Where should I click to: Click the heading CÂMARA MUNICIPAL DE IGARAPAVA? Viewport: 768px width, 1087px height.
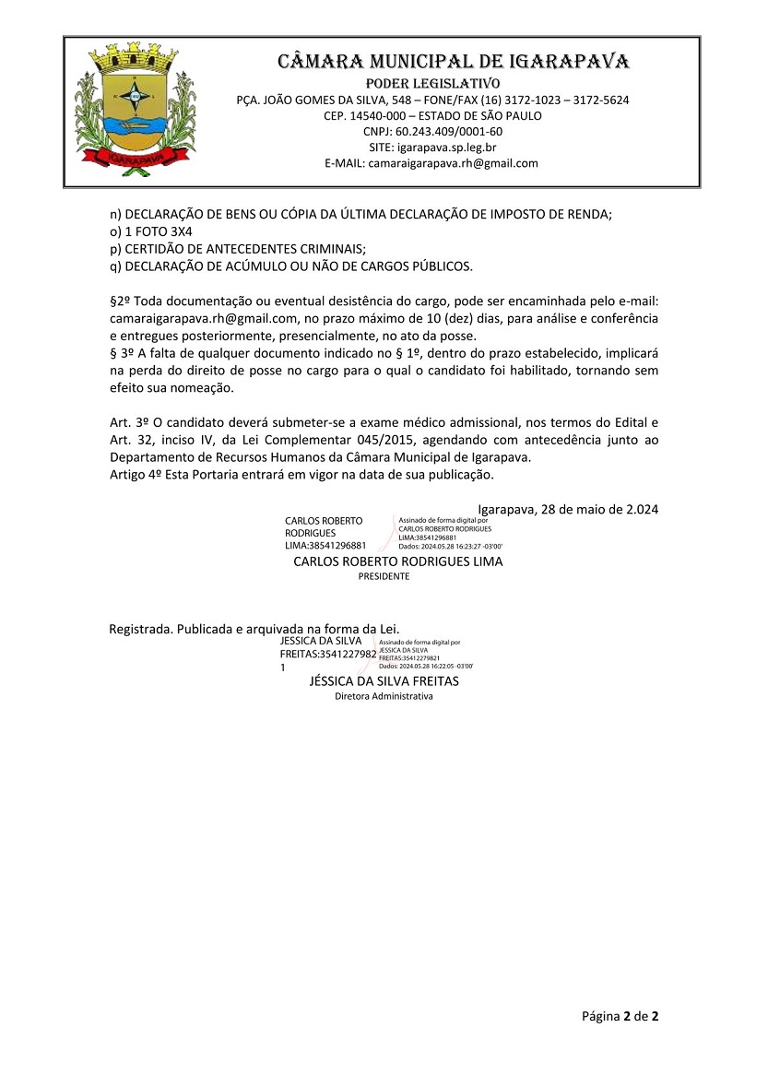coord(454,62)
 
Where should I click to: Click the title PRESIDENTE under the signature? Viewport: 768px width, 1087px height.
coord(384,576)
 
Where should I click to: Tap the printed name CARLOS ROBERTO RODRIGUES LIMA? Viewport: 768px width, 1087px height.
coord(397,561)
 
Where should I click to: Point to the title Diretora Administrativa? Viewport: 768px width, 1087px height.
coord(384,697)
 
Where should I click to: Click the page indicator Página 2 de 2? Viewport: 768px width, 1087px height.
coord(620,1017)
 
